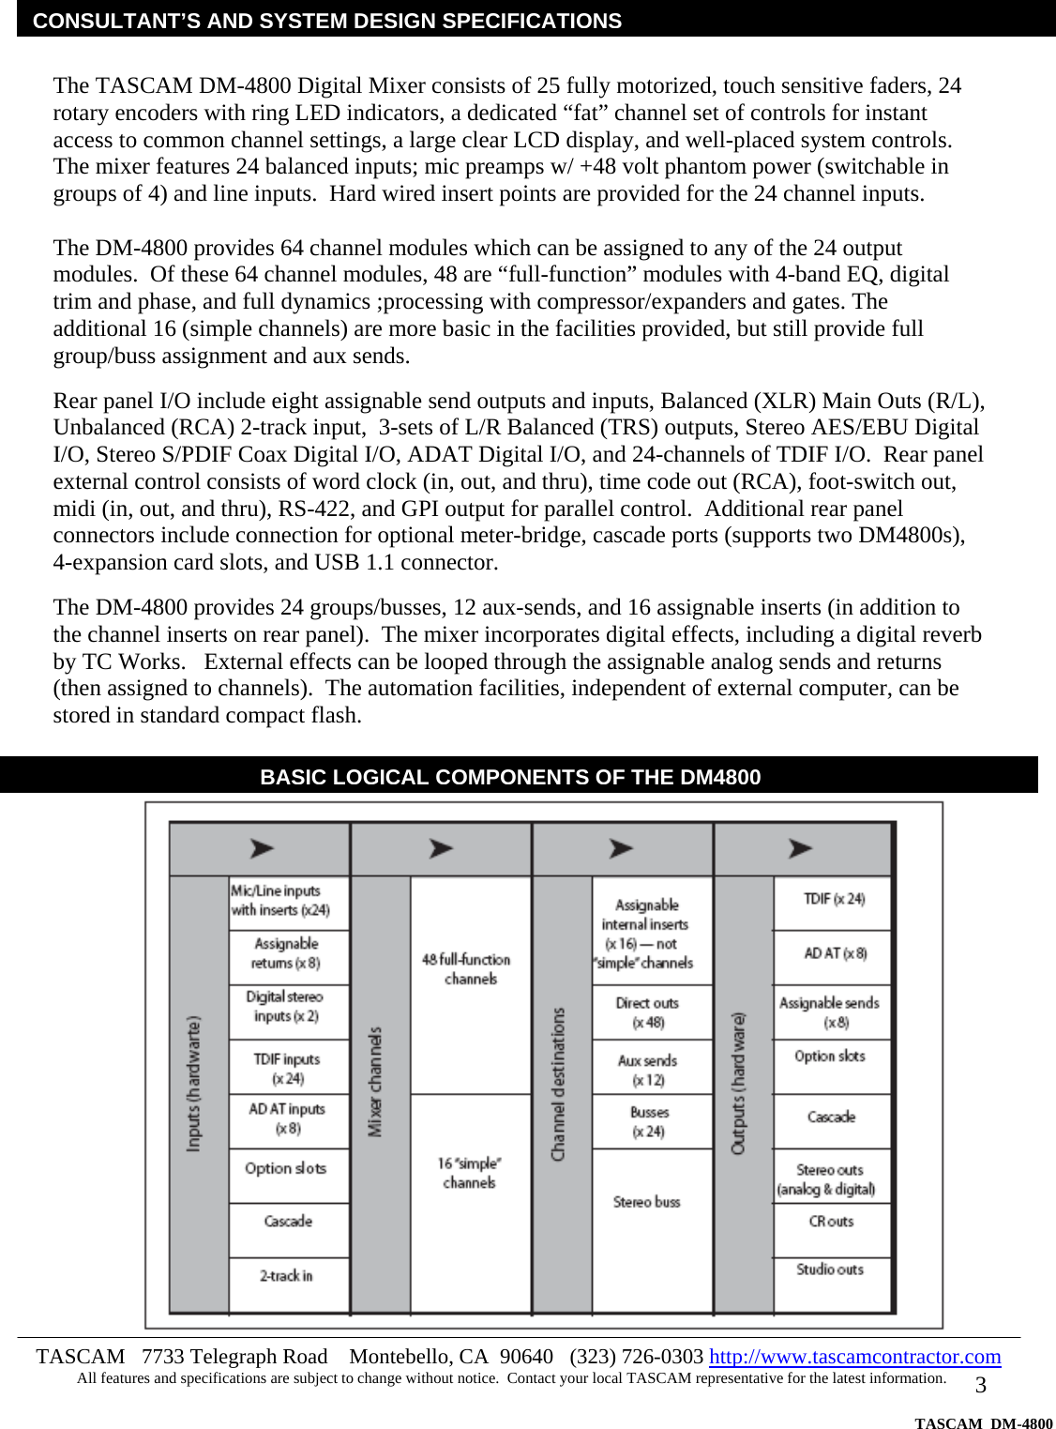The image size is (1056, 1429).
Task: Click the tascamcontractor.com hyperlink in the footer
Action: pyautogui.click(x=854, y=1357)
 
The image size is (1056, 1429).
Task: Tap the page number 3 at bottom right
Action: pyautogui.click(x=981, y=1386)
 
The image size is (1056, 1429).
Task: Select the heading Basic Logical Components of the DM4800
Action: pyautogui.click(x=510, y=777)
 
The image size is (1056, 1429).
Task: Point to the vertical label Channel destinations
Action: pyautogui.click(x=559, y=1084)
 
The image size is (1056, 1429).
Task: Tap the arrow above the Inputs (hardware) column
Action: pyautogui.click(x=262, y=848)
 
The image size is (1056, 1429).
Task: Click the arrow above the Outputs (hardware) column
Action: pyautogui.click(x=800, y=848)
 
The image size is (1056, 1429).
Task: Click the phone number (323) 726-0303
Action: pyautogui.click(x=637, y=1357)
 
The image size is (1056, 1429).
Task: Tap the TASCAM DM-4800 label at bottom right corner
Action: pyautogui.click(x=983, y=1422)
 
